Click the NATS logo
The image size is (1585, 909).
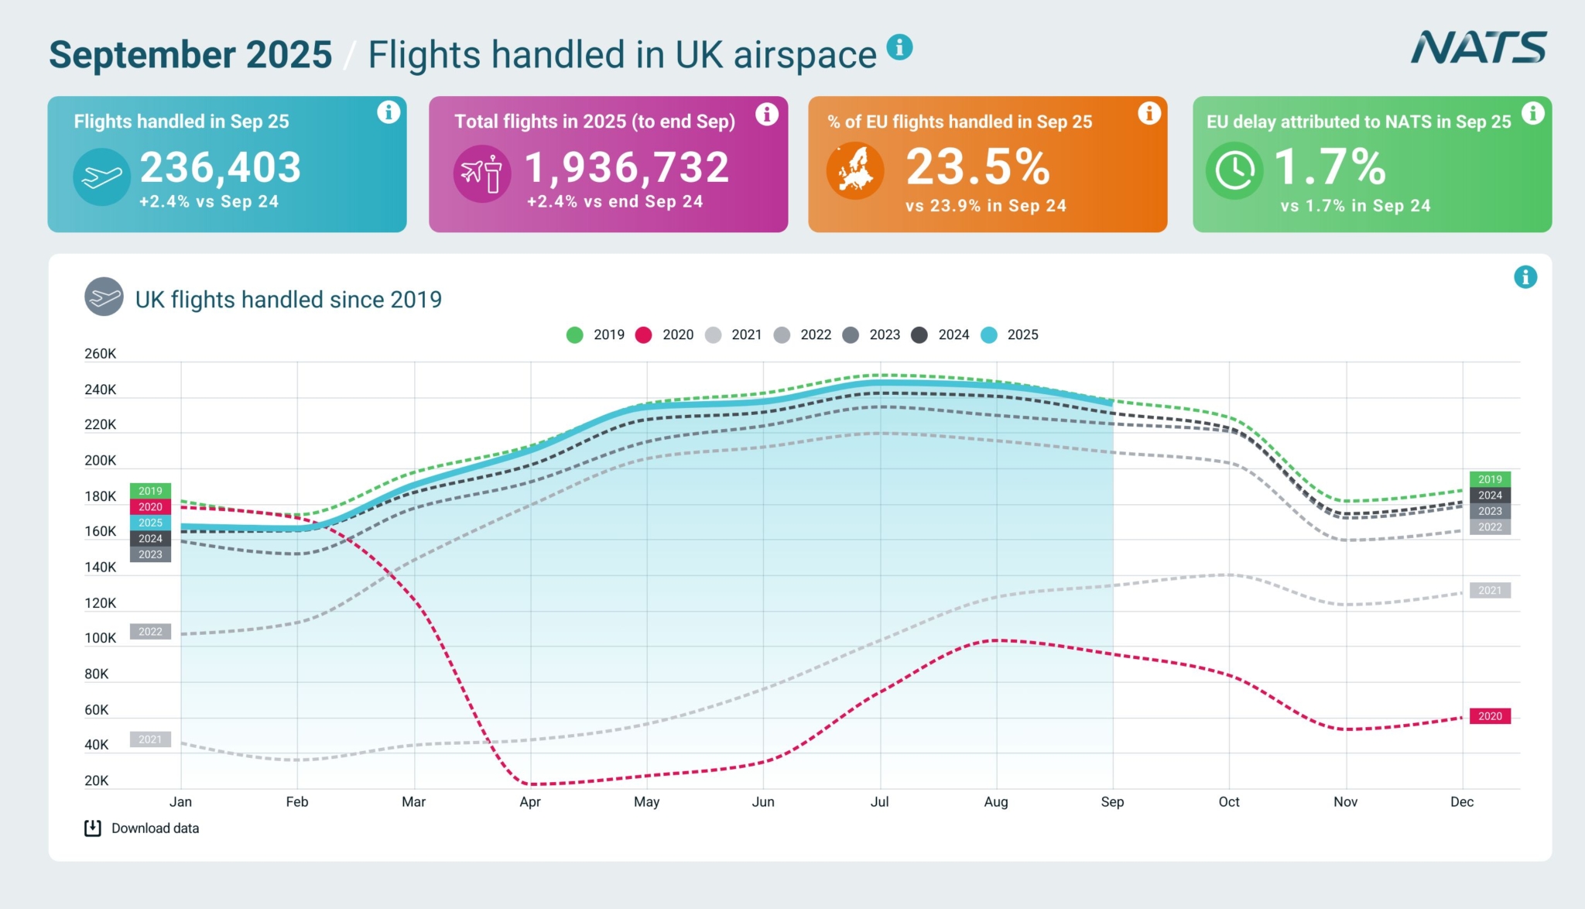tap(1478, 48)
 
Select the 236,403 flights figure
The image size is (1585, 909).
tap(221, 167)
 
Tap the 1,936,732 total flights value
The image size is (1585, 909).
tap(627, 167)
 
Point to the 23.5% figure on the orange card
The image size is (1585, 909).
tap(977, 167)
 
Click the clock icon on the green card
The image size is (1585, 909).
tap(1234, 170)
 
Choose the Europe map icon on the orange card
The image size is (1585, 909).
tap(855, 170)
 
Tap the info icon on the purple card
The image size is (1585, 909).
tap(766, 115)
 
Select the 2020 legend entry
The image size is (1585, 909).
tap(665, 334)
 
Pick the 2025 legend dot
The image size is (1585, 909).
tap(989, 334)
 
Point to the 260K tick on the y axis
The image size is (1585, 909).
tap(101, 354)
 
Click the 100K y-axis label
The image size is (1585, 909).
tap(101, 638)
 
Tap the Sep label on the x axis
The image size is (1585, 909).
tap(1112, 802)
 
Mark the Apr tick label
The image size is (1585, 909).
tap(530, 802)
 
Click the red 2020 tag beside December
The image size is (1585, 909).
tap(1490, 716)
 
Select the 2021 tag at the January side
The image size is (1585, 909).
tap(150, 739)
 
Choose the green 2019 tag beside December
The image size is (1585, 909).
tap(1490, 479)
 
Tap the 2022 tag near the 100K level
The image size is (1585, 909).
tap(150, 632)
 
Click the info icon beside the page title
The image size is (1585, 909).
tap(899, 47)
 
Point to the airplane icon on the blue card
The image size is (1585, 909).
tap(101, 177)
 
